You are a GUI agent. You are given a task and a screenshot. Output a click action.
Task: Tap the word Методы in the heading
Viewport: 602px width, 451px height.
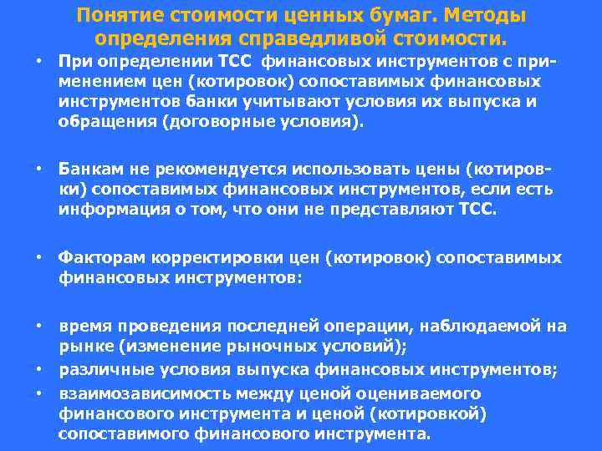(486, 16)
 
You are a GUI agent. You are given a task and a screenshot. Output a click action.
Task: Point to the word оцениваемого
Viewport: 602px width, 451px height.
(406, 393)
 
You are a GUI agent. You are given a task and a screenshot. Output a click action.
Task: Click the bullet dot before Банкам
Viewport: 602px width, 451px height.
(38, 170)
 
